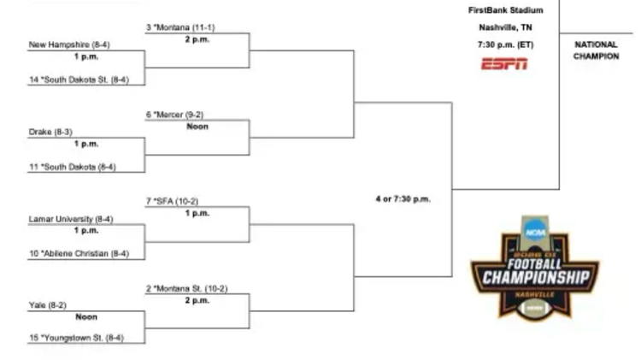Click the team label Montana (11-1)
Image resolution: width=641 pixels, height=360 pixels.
pyautogui.click(x=180, y=28)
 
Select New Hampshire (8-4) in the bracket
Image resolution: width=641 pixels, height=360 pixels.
pyautogui.click(x=68, y=44)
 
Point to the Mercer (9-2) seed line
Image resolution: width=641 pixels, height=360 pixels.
pyautogui.click(x=175, y=115)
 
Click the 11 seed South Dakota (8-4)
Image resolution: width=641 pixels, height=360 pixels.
pyautogui.click(x=73, y=168)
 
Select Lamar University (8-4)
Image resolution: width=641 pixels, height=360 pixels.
pyautogui.click(x=72, y=219)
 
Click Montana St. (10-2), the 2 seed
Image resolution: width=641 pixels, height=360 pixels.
pyautogui.click(x=185, y=289)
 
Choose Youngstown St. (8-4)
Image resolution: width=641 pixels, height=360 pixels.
pyautogui.click(x=76, y=339)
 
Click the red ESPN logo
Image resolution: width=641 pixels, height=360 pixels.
pyautogui.click(x=504, y=63)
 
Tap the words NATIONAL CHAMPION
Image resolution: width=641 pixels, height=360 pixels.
pyautogui.click(x=596, y=50)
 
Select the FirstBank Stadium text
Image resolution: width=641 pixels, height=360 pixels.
pyautogui.click(x=505, y=11)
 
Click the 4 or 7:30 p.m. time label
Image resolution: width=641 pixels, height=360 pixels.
pyautogui.click(x=403, y=199)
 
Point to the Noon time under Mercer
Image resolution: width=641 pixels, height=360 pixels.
pyautogui.click(x=197, y=127)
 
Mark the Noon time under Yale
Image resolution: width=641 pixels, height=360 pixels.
pyautogui.click(x=86, y=317)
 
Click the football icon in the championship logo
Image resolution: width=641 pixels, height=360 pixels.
pyautogui.click(x=534, y=306)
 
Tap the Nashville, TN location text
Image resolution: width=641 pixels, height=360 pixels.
pyautogui.click(x=505, y=27)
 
